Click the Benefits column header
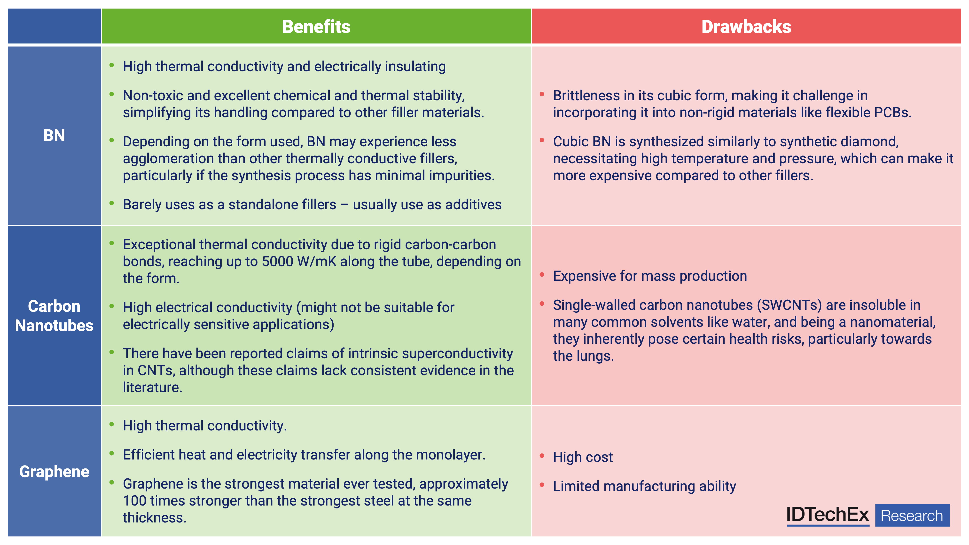tap(316, 27)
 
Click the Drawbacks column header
tap(746, 27)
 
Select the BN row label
tap(54, 135)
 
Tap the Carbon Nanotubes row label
tap(54, 316)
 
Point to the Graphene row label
tap(54, 472)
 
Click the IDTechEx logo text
tap(828, 514)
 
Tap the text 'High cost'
tap(583, 457)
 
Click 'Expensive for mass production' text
tap(650, 276)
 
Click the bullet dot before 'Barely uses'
tap(112, 203)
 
